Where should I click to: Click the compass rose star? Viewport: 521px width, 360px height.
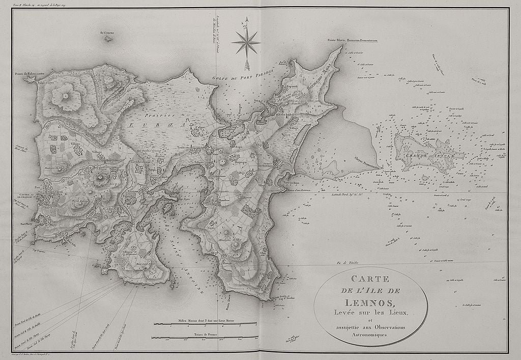[x=246, y=42]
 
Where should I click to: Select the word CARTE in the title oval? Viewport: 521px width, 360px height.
[x=370, y=279]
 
